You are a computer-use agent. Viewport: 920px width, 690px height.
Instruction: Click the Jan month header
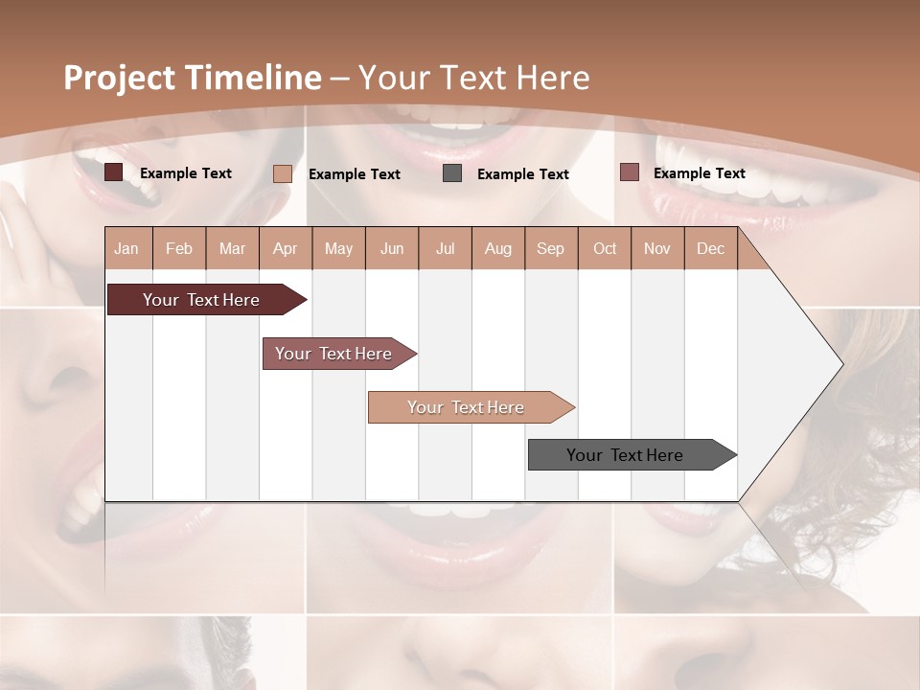tap(126, 248)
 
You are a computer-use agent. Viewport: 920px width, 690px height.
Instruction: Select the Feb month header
tap(179, 248)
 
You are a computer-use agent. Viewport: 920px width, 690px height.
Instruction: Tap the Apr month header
tap(285, 248)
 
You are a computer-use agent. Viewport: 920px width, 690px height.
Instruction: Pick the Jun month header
tap(392, 248)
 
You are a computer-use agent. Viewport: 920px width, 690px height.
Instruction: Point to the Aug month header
tap(497, 248)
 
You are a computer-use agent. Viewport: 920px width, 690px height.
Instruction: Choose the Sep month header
tap(550, 248)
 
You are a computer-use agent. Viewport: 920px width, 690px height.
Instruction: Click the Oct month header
tap(605, 248)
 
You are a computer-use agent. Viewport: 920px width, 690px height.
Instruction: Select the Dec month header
tap(710, 248)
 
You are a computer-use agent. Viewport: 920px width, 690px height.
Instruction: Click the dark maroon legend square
tap(113, 172)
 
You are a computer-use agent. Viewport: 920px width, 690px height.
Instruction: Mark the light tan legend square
tap(282, 173)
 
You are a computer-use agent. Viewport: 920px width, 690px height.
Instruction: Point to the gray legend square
tap(452, 173)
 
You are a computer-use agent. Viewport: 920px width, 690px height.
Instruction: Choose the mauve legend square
tap(629, 172)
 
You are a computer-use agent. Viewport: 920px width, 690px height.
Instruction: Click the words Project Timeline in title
tap(192, 78)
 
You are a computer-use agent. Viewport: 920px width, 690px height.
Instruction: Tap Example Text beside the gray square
tap(522, 174)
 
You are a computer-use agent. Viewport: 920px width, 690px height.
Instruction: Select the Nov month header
tap(656, 248)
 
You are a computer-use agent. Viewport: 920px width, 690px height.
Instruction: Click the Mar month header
tap(232, 248)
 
